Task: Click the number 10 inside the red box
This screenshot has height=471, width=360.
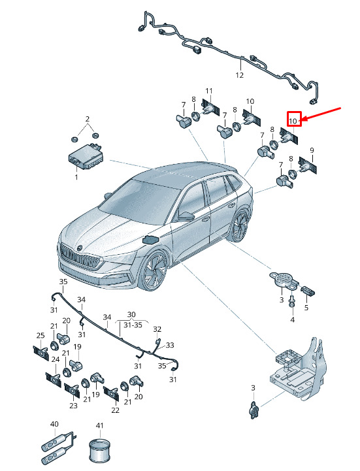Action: (x=293, y=122)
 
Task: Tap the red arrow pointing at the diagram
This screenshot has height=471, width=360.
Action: (x=321, y=114)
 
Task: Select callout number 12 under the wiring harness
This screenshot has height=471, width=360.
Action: (x=239, y=75)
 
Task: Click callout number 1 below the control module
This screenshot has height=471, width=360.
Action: (x=76, y=177)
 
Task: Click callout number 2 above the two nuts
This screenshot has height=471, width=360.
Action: (x=88, y=119)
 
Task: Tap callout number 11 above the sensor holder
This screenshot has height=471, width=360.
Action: (x=209, y=91)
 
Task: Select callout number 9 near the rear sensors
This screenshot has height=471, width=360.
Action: (x=312, y=150)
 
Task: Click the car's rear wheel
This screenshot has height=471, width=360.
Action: (x=240, y=225)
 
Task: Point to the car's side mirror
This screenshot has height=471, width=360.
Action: (x=185, y=216)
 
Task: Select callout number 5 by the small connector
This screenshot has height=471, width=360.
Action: (x=306, y=308)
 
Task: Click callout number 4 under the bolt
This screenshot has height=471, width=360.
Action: (x=293, y=319)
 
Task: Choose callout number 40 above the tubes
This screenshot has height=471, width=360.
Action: (x=54, y=424)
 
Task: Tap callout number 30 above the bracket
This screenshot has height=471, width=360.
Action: (x=131, y=314)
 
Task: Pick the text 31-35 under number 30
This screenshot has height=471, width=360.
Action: (x=133, y=325)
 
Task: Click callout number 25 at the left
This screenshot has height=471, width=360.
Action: (x=41, y=336)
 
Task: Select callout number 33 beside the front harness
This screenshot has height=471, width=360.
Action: (x=170, y=345)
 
